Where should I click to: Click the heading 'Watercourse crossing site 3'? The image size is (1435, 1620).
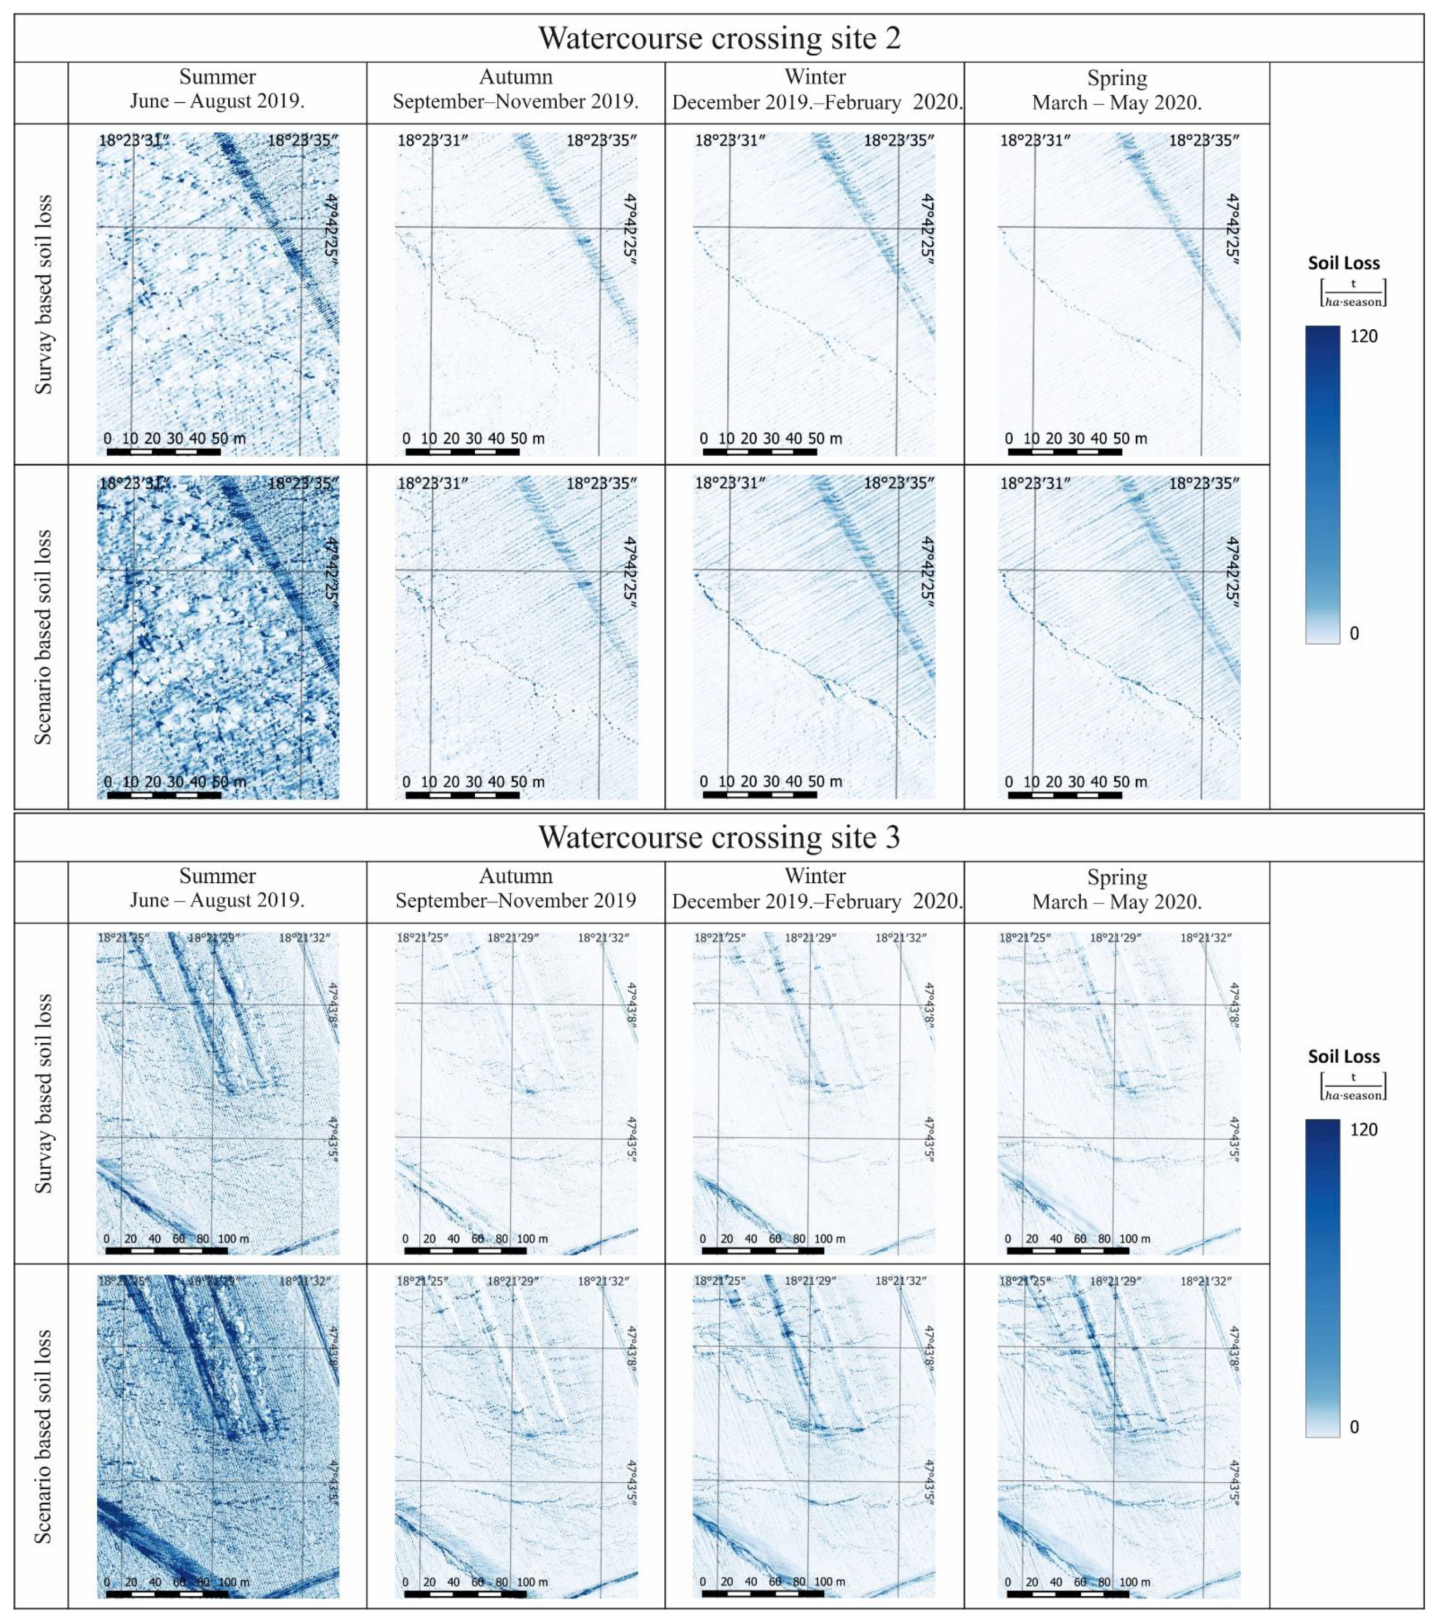pyautogui.click(x=719, y=837)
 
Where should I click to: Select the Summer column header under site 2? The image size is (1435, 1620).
pyautogui.click(x=217, y=89)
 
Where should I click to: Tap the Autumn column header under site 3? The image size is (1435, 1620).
pyautogui.click(x=515, y=888)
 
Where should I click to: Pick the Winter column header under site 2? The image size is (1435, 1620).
pyautogui.click(x=815, y=89)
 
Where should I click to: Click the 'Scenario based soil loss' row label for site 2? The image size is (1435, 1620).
pyautogui.click(x=43, y=636)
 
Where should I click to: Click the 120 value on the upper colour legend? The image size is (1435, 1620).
pyautogui.click(x=1363, y=336)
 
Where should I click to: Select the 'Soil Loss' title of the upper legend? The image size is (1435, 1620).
pyautogui.click(x=1344, y=263)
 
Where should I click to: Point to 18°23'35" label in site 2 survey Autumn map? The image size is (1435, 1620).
pyautogui.click(x=601, y=141)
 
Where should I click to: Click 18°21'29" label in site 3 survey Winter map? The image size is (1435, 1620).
pyautogui.click(x=811, y=938)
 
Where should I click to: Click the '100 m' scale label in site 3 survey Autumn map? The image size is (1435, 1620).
pyautogui.click(x=532, y=1238)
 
